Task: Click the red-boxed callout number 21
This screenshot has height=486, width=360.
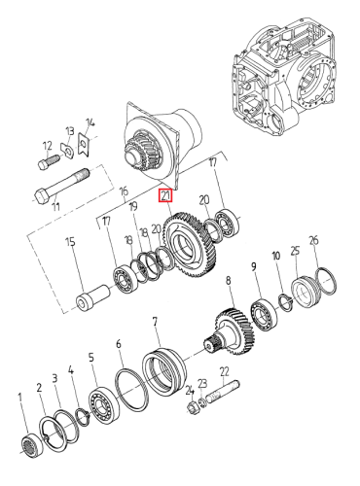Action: pyautogui.click(x=165, y=196)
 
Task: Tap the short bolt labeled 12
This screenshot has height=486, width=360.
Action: pyautogui.click(x=49, y=161)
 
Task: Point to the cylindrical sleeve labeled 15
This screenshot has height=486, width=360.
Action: pyautogui.click(x=93, y=297)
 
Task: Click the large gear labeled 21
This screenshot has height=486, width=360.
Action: pyautogui.click(x=191, y=245)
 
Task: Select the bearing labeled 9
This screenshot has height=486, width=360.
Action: pyautogui.click(x=264, y=315)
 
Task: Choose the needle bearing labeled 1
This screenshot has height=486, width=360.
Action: pyautogui.click(x=33, y=445)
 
